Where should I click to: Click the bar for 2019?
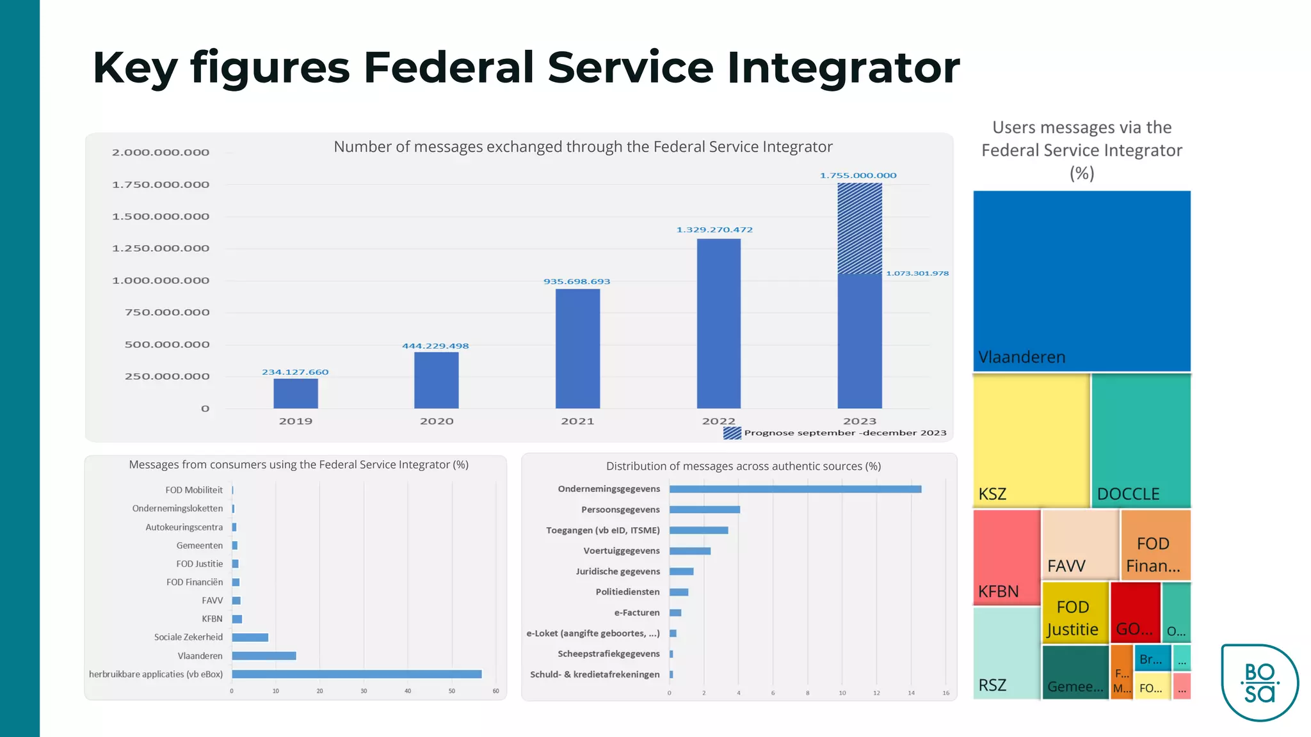click(x=296, y=393)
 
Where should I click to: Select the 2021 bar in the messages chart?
click(x=577, y=349)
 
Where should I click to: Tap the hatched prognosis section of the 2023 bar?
click(x=860, y=228)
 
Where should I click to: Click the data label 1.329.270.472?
click(x=714, y=230)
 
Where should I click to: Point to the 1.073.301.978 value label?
click(x=917, y=273)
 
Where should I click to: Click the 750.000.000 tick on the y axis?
click(x=166, y=312)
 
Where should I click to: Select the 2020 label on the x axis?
click(x=437, y=421)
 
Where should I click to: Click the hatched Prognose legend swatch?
click(x=732, y=433)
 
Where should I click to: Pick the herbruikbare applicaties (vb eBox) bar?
click(x=357, y=674)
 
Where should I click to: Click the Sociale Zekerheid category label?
click(x=188, y=637)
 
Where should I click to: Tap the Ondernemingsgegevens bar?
click(x=795, y=489)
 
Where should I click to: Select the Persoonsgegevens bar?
click(x=704, y=510)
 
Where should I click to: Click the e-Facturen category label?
click(x=636, y=613)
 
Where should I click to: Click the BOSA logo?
click(x=1259, y=683)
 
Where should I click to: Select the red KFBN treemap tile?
click(x=1006, y=557)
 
